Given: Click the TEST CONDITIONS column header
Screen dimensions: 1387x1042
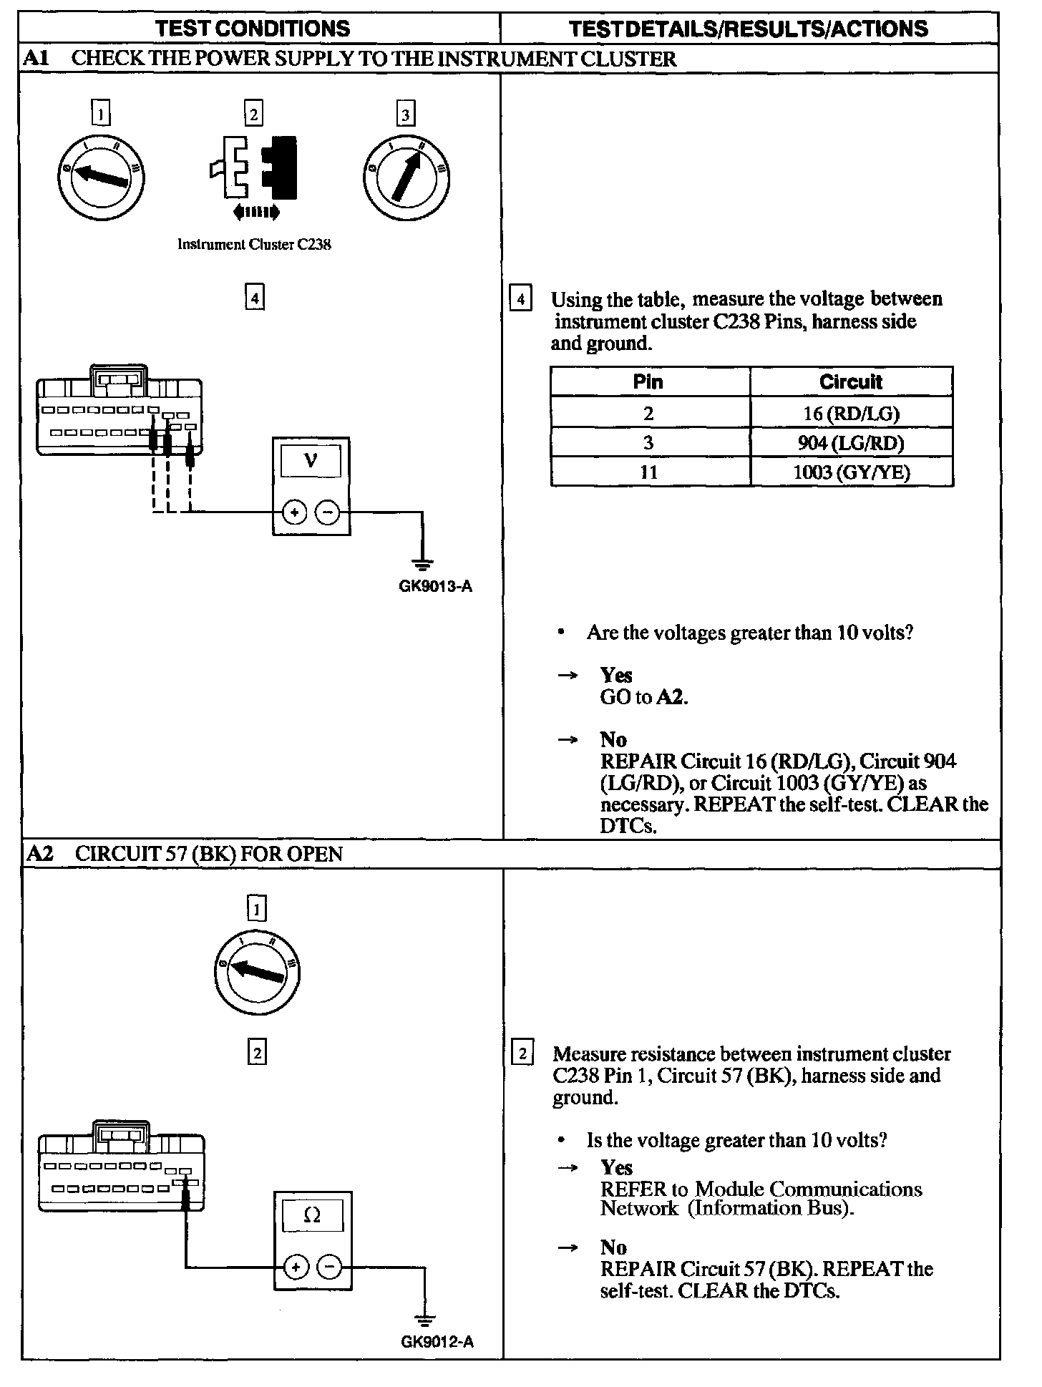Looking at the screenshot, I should coord(253,29).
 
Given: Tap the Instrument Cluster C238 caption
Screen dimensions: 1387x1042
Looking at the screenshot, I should coord(254,245).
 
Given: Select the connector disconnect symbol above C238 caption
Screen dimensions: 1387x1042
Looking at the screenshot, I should coord(254,175).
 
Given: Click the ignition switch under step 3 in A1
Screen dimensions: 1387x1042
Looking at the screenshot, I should coord(406,177).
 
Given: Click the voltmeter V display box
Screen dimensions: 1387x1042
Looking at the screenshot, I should coord(311,459).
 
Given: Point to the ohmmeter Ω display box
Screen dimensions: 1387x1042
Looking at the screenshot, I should coord(313,1215).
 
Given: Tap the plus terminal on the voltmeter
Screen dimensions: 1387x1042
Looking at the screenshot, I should coord(295,512).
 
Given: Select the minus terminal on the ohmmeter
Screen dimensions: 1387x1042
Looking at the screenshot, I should coord(329,1267).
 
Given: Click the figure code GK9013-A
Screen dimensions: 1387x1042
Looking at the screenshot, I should coord(436,588).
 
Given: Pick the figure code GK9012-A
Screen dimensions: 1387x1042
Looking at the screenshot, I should coord(437,1342).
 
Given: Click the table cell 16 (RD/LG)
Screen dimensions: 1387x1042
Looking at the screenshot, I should coord(851,413).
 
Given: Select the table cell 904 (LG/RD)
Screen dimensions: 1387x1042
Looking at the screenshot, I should coord(851,443).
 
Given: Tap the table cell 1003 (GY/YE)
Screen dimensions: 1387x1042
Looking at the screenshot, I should coord(851,472).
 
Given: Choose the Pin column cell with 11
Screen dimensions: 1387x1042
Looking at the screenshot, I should coord(649,472).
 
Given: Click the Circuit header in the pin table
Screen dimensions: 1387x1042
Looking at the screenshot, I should coord(851,381).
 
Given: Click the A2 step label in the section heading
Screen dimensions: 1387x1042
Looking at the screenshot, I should coord(40,854).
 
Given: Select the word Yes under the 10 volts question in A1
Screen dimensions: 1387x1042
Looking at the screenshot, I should coord(616,675).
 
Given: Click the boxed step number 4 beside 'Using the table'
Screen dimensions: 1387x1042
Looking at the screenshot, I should coord(520,298).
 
